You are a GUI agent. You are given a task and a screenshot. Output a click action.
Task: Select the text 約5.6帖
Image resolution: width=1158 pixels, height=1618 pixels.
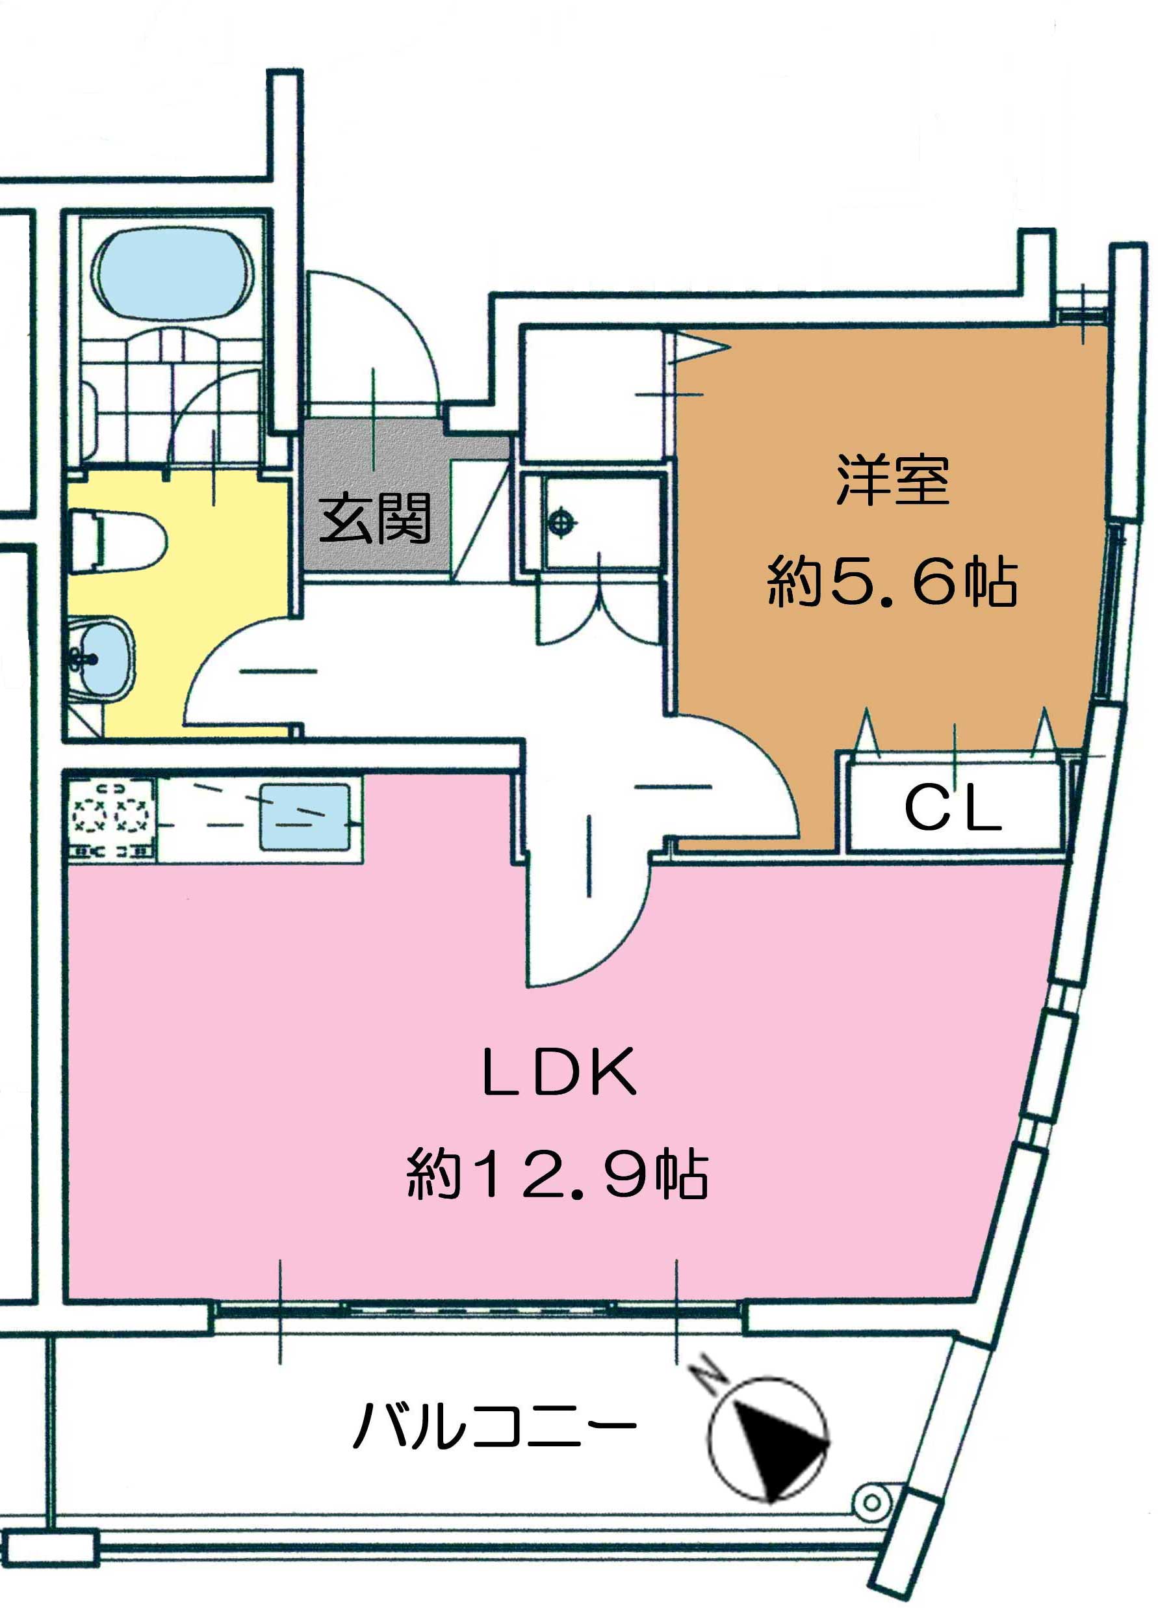892,582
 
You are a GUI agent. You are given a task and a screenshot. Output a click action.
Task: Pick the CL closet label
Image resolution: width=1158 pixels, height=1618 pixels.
953,810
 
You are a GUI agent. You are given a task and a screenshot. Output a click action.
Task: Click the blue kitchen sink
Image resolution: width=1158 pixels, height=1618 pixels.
305,817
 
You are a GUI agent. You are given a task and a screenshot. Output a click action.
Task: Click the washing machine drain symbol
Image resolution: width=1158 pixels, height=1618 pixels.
562,522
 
